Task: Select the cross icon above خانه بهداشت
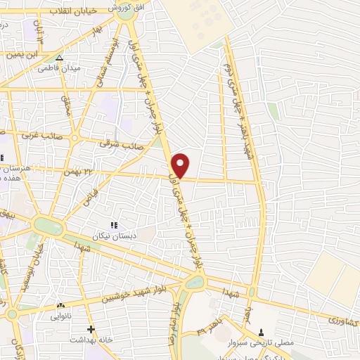[x=90, y=328]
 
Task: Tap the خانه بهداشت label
[x=88, y=340]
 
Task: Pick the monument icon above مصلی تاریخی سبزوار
[x=262, y=332]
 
